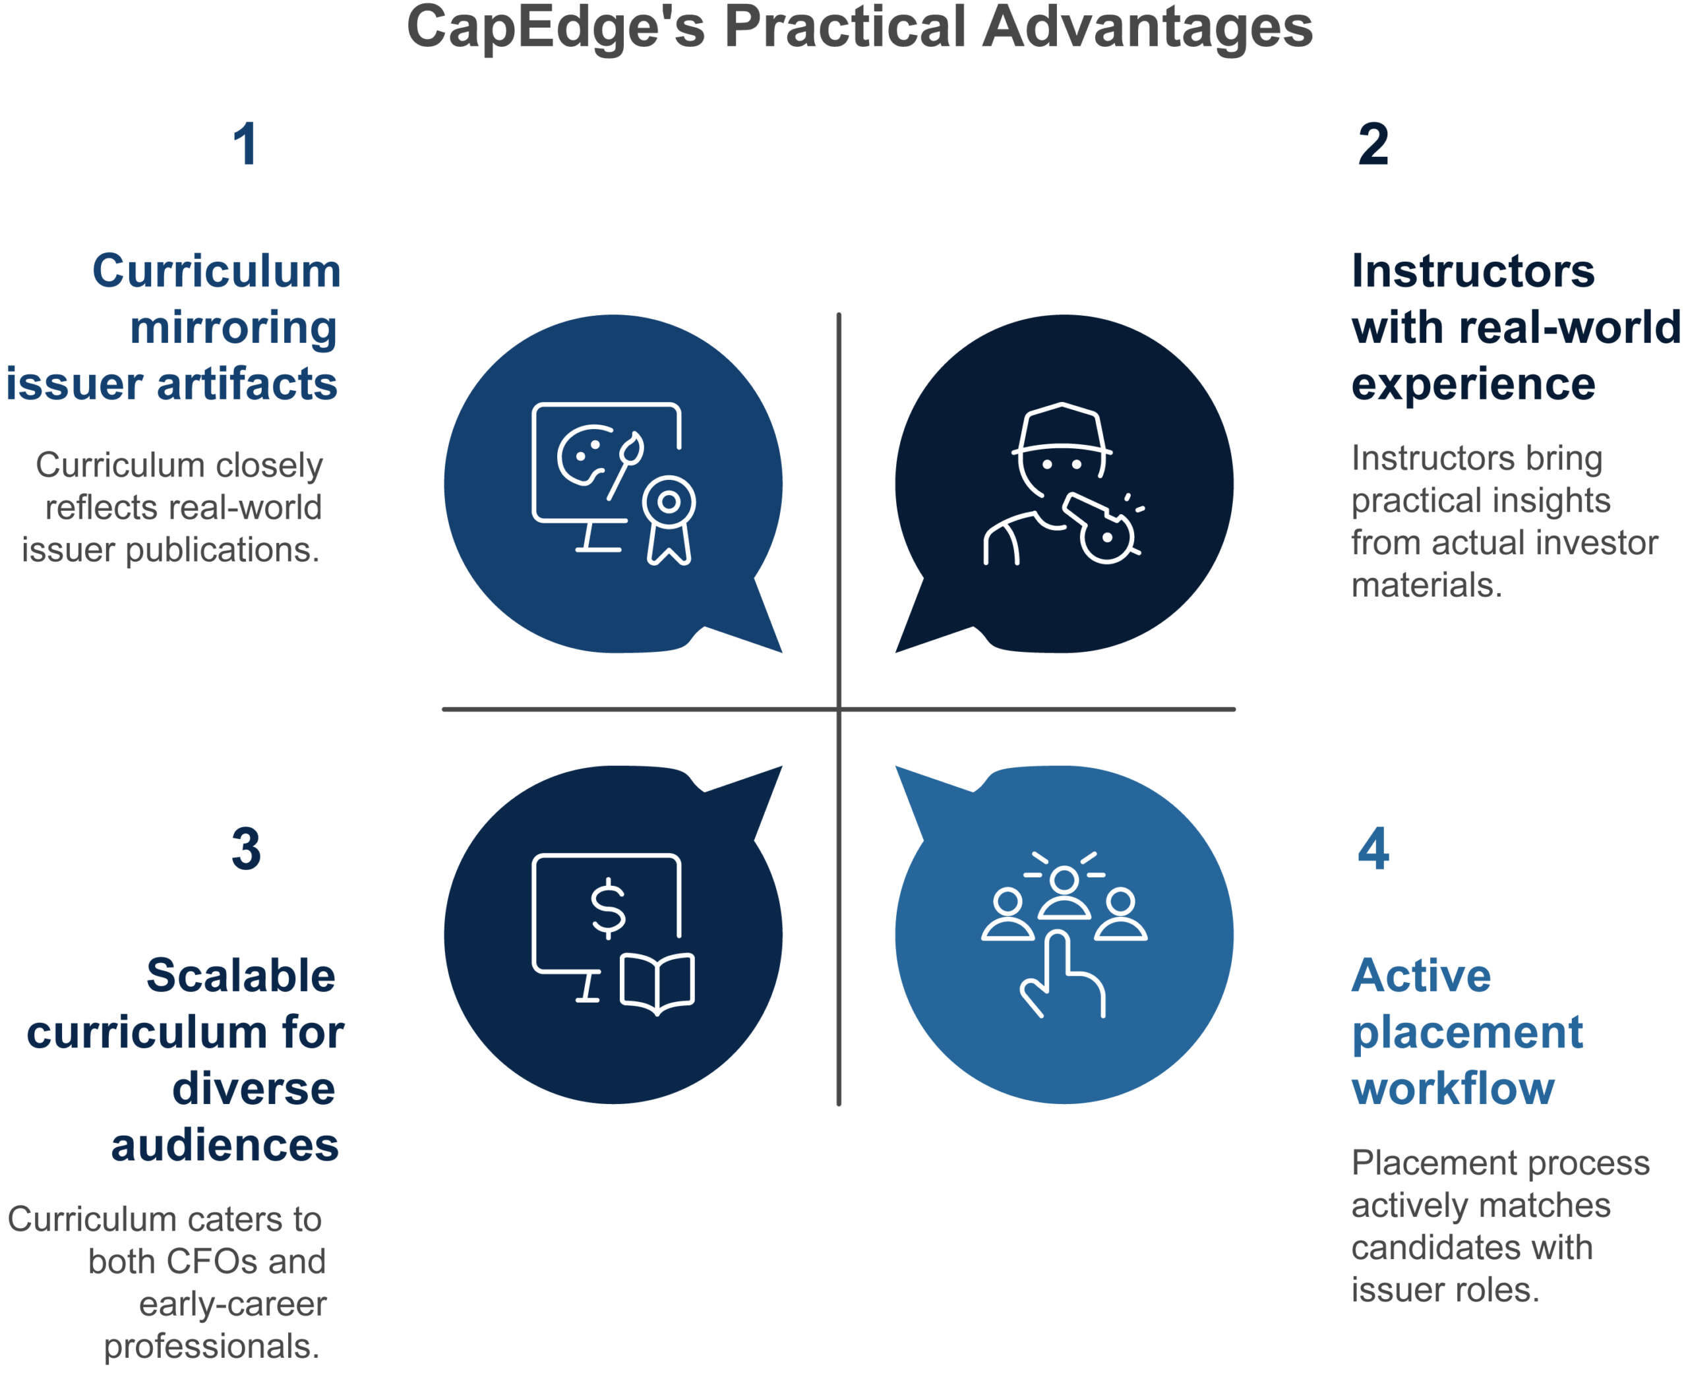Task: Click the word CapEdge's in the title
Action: coord(555,27)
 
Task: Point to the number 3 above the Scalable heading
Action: coord(246,848)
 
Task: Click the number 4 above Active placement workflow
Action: coord(1373,848)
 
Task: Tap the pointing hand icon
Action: coord(1062,974)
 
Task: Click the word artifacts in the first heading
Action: coord(247,384)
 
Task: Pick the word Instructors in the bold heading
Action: coord(1473,272)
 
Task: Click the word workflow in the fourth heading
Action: coord(1453,1088)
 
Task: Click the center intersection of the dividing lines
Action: coord(839,709)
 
